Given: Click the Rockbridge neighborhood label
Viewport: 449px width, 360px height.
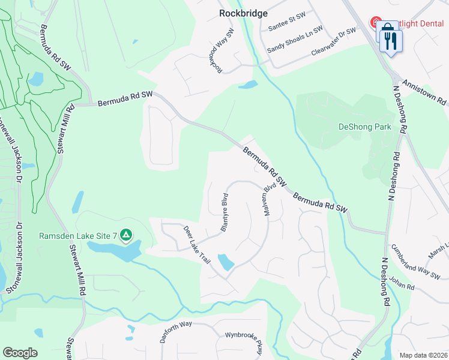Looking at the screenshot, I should (x=243, y=13).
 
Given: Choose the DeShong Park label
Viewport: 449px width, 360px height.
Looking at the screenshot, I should (x=365, y=127).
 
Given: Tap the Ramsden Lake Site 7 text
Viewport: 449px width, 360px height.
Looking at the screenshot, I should (x=78, y=235).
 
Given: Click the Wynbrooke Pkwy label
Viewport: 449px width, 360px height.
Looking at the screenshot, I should (x=244, y=343).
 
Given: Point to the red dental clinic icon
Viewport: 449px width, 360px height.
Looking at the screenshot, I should (x=376, y=23).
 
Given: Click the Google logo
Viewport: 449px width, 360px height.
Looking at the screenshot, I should (x=20, y=352).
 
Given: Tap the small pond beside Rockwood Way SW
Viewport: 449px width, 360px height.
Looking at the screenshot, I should (x=248, y=85).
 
